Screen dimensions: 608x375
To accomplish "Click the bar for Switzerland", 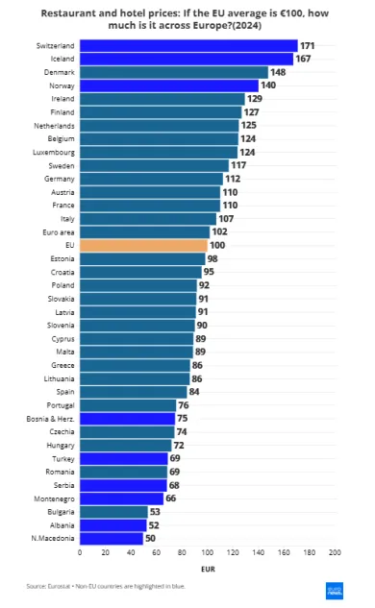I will pyautogui.click(x=188, y=45).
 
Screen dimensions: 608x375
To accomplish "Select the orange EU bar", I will pyautogui.click(x=142, y=245).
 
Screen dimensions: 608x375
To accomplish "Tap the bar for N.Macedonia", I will pyautogui.click(x=111, y=538).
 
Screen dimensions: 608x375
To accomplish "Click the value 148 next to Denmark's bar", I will pyautogui.click(x=279, y=72).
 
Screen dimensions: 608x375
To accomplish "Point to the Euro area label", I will pyautogui.click(x=59, y=231).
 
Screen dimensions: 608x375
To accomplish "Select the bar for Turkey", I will pyautogui.click(x=123, y=458).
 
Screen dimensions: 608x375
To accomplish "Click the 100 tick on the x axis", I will pyautogui.click(x=207, y=552).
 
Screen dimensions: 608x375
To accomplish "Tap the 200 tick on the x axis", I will pyautogui.click(x=335, y=552).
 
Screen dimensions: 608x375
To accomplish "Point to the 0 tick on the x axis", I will pyautogui.click(x=80, y=552).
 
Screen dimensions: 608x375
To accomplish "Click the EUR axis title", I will pyautogui.click(x=207, y=569).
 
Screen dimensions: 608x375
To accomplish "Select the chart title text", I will pyautogui.click(x=187, y=20).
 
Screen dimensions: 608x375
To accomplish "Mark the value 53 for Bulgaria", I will pyautogui.click(x=157, y=512).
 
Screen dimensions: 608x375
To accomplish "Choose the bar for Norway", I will pyautogui.click(x=168, y=85).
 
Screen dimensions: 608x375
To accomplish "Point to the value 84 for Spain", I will pyautogui.click(x=194, y=392).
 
